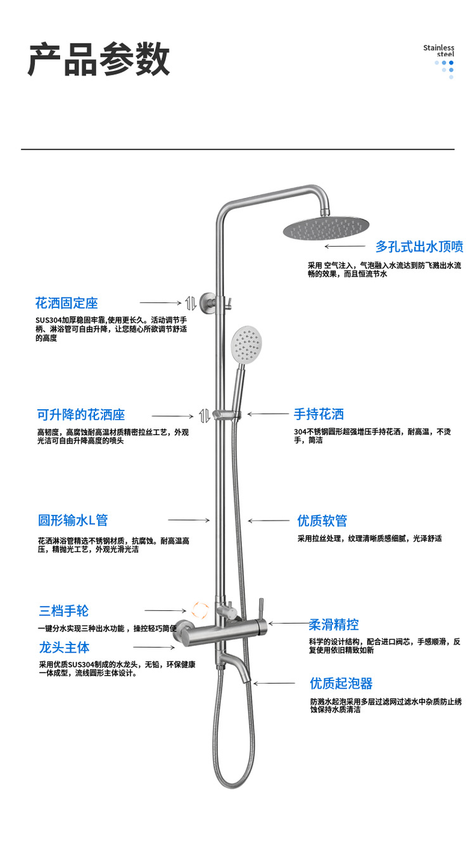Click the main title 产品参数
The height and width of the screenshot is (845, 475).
click(x=99, y=61)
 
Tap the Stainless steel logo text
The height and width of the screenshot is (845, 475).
click(x=439, y=51)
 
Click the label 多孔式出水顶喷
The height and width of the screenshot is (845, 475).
click(x=419, y=246)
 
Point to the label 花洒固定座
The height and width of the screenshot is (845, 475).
click(x=66, y=303)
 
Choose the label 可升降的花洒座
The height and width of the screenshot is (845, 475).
click(x=81, y=415)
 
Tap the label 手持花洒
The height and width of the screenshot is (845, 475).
click(x=319, y=414)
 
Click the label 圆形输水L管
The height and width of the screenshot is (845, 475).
click(x=73, y=520)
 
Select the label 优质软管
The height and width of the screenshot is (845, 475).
click(x=322, y=521)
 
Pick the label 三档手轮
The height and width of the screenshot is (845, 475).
click(x=63, y=611)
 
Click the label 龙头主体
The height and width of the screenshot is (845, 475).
click(x=64, y=648)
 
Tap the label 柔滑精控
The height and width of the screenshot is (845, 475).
click(x=334, y=625)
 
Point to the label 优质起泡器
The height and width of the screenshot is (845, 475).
click(x=341, y=683)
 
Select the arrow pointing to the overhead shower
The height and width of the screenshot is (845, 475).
click(x=345, y=247)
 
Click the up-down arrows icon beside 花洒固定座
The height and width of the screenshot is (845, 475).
click(x=190, y=302)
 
